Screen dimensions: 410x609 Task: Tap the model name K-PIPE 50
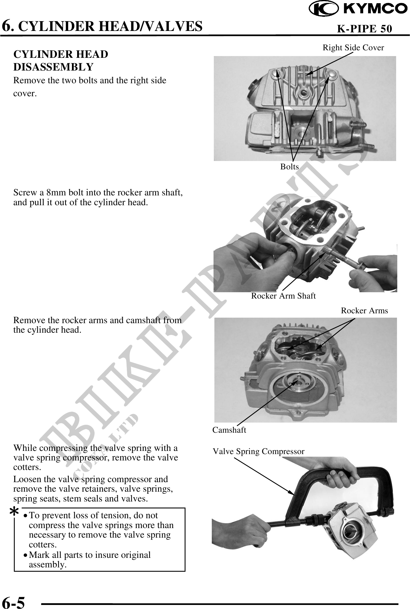point(365,29)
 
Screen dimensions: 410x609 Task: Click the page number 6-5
point(14,601)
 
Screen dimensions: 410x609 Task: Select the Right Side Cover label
point(353,48)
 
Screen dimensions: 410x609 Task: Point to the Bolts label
point(290,166)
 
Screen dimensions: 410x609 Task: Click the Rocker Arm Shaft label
point(283,296)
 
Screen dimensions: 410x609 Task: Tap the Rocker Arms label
point(364,311)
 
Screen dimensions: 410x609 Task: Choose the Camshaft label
point(229,430)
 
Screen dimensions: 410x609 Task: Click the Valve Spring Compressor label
point(259,451)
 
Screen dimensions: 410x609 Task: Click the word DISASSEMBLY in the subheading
point(53,67)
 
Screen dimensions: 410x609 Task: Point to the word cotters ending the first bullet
point(43,545)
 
